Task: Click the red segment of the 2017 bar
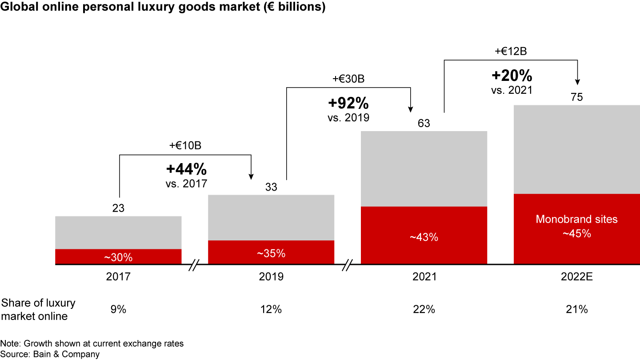118,256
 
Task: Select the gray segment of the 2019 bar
271,218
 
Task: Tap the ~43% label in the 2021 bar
424,237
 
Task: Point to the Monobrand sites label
576,219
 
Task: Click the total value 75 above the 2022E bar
576,97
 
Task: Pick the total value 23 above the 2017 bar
118,208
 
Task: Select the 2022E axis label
576,276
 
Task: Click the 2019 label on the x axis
271,276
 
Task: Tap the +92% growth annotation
348,103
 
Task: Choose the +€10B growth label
185,145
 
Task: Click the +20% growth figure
512,76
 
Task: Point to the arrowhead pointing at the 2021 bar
411,109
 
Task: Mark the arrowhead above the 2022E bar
577,82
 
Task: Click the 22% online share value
424,309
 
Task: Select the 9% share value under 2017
118,309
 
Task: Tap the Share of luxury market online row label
38,309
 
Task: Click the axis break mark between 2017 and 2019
194,265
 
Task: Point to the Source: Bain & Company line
50,354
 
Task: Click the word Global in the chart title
19,7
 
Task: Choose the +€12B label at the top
511,52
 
